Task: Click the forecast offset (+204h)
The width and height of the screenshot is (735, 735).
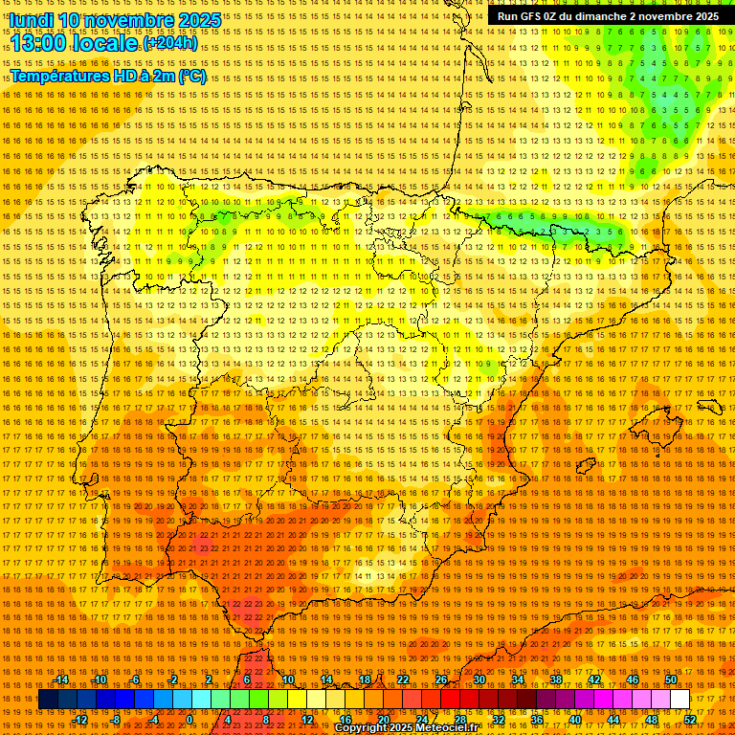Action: click(x=172, y=44)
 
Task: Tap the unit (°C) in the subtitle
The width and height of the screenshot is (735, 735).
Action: click(x=191, y=76)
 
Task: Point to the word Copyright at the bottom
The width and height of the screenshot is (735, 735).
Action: click(x=362, y=728)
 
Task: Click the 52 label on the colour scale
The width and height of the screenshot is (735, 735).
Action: click(x=691, y=720)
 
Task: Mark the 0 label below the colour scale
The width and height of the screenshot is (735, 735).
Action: click(x=190, y=720)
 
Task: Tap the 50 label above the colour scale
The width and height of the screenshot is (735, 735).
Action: click(x=671, y=680)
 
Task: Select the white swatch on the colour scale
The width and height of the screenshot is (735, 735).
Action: click(x=680, y=700)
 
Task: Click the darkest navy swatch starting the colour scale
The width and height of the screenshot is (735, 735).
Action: click(x=48, y=700)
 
